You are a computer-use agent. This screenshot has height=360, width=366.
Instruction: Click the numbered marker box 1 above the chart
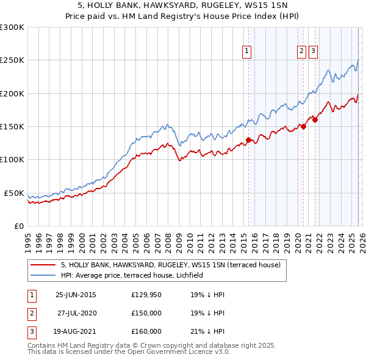click(x=247, y=52)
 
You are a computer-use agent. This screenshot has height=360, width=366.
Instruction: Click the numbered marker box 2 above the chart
click(x=302, y=52)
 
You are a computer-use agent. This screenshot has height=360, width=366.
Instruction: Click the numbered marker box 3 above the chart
click(x=313, y=52)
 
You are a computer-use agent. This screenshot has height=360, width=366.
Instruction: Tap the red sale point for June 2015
click(x=249, y=140)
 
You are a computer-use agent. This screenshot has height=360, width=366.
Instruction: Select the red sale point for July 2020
click(x=303, y=127)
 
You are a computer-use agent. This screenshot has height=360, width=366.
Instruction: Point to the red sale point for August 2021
click(x=315, y=120)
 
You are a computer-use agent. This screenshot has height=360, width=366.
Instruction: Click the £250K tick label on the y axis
click(x=12, y=60)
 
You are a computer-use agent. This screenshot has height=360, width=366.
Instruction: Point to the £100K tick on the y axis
click(x=12, y=160)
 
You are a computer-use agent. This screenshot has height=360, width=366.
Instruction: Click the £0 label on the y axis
click(x=18, y=226)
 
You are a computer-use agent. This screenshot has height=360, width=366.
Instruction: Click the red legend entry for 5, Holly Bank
click(x=170, y=265)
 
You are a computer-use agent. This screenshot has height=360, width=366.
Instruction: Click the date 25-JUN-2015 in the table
click(x=76, y=295)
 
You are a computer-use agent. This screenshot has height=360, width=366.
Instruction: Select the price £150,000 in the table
click(x=146, y=313)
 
